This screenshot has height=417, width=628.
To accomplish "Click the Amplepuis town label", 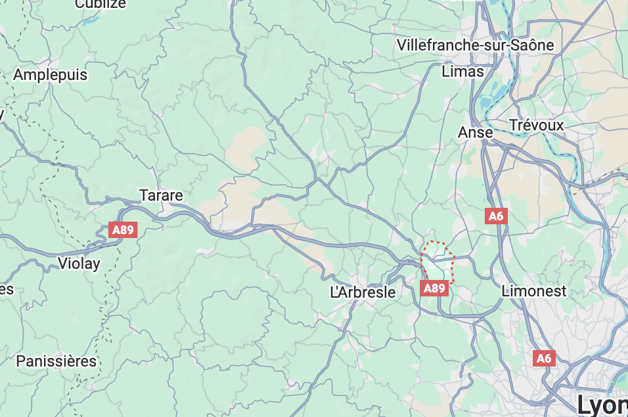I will tap(50, 75).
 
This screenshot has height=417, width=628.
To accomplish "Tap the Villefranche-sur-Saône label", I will tap(475, 45).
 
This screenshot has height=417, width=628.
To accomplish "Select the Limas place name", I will tap(462, 71).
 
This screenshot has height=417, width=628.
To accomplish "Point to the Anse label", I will tap(475, 132).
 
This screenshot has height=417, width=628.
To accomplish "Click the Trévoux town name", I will tap(536, 125).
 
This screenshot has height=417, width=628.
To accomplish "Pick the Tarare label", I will tap(161, 195).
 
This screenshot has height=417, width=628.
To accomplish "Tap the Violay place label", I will tap(79, 264).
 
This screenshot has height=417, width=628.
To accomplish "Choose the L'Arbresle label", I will tap(363, 292).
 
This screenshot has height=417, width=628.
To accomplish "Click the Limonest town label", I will tap(533, 290).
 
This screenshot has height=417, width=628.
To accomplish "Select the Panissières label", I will tap(56, 361).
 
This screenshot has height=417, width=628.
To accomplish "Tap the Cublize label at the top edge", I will tap(100, 5).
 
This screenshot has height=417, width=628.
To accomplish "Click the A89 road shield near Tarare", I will tap(123, 230).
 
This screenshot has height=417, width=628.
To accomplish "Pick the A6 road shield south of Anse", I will tap(496, 216).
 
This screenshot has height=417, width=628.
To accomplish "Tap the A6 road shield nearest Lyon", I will tap(543, 358).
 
